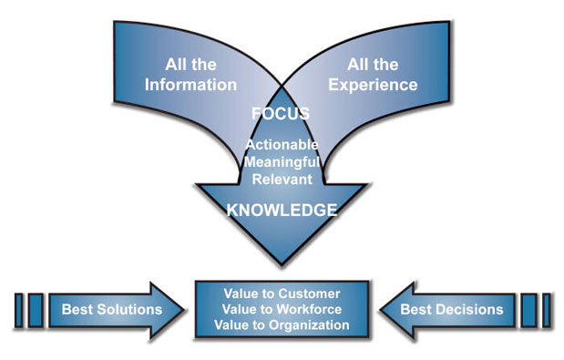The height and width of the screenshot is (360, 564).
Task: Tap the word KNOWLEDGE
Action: (x=282, y=210)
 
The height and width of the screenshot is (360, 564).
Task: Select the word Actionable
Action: (x=282, y=145)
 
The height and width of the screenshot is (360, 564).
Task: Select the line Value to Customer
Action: (x=282, y=293)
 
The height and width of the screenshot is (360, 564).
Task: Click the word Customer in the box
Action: (x=307, y=293)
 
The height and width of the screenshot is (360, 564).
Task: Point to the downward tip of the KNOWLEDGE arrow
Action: (x=282, y=267)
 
